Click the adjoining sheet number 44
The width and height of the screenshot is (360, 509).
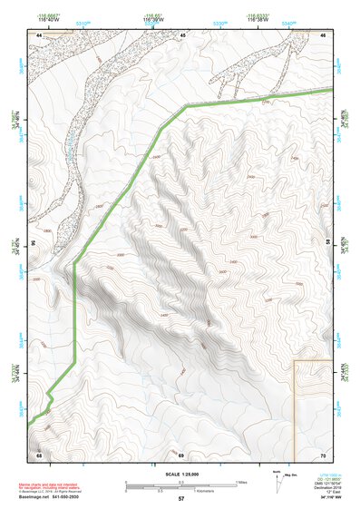click(40, 34)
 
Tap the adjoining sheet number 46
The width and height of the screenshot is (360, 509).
click(183, 34)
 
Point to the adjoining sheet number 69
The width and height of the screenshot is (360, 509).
click(180, 454)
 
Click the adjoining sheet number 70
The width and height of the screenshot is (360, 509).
click(323, 454)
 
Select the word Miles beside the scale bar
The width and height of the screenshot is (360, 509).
click(240, 481)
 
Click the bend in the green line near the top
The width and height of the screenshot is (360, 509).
click(187, 106)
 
